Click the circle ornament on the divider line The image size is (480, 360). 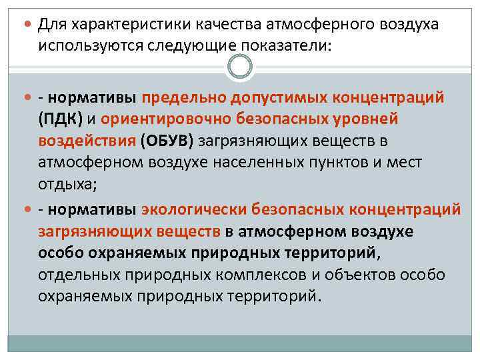(240, 65)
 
